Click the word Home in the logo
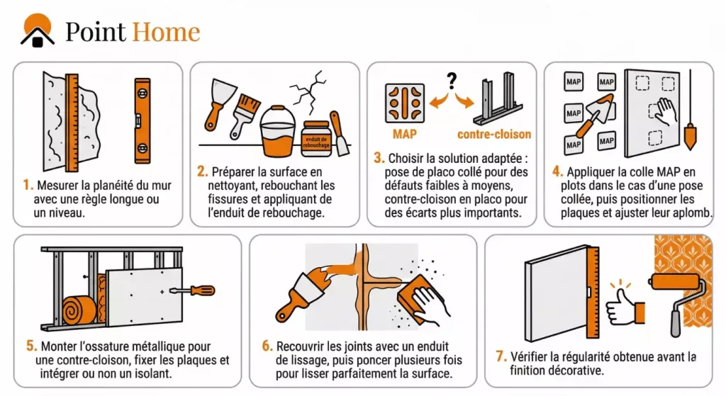166,31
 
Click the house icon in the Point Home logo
38,30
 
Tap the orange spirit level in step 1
143,120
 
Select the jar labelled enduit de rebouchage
316,138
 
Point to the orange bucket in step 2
278,132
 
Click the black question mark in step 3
452,81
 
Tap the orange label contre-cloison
494,134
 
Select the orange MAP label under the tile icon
404,134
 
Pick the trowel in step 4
595,115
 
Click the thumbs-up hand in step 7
625,306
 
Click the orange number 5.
31,346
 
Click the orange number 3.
379,158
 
